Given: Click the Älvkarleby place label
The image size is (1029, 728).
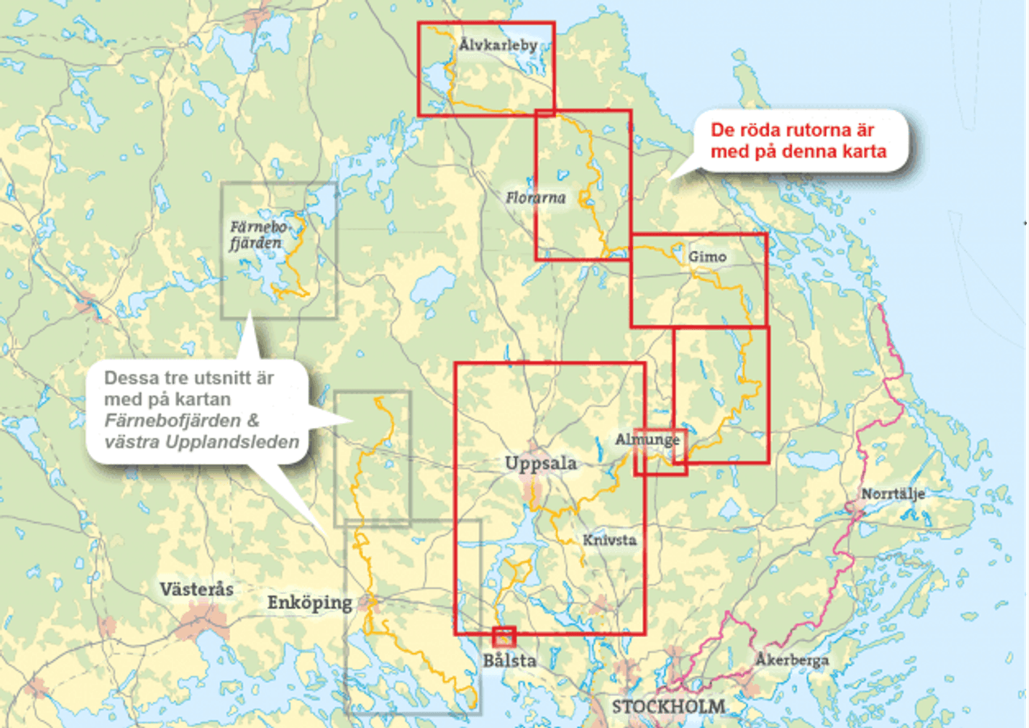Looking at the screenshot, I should (498, 45).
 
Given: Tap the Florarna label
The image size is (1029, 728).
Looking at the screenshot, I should (536, 198).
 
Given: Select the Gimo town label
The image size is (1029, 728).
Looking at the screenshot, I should (707, 257).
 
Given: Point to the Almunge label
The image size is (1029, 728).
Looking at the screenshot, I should (646, 440).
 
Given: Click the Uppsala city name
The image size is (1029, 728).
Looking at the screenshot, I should (540, 464).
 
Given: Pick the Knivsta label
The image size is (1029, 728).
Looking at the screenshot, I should (609, 540).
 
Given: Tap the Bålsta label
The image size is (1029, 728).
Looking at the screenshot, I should (509, 661).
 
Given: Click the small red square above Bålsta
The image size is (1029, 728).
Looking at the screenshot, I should (504, 636).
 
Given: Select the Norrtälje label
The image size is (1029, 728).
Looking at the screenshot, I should (893, 494).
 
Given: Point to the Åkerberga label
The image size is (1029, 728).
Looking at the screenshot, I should (792, 660).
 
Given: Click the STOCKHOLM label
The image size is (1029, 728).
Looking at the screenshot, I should (668, 707).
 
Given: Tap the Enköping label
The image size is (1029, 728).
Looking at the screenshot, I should (309, 603).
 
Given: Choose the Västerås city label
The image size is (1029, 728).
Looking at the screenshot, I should (196, 589).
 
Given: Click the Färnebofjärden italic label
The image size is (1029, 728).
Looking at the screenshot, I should (257, 235).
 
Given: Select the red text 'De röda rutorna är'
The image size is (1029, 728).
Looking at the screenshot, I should (792, 130).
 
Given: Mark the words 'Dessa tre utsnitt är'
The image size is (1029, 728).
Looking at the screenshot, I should (188, 378).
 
